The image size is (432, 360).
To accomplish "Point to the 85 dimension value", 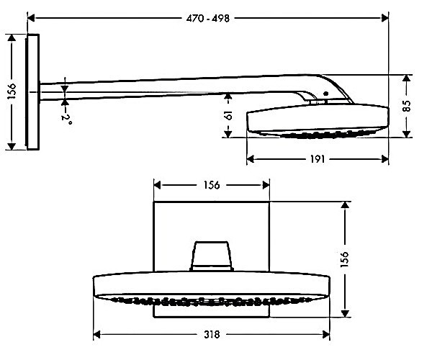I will click(x=407, y=104).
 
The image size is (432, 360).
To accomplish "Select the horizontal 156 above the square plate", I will click(x=212, y=185).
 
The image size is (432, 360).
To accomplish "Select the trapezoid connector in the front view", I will click(x=212, y=255).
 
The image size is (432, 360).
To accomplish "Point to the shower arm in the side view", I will click(x=173, y=88).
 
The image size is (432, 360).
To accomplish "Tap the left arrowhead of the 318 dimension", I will click(x=97, y=335).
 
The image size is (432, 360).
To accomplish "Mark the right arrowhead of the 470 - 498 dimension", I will click(x=385, y=17).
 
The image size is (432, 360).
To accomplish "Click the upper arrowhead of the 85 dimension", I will click(x=407, y=78).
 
